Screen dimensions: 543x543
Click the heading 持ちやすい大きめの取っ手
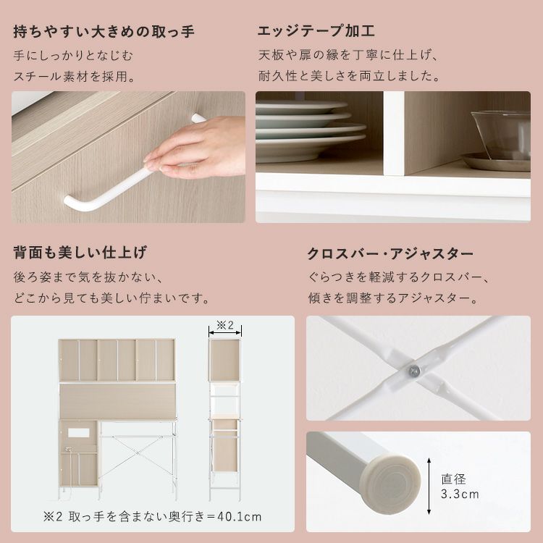(x=104, y=32)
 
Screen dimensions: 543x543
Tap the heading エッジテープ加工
(x=316, y=30)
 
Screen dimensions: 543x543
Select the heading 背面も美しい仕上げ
(x=80, y=252)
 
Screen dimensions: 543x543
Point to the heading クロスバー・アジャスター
(x=390, y=254)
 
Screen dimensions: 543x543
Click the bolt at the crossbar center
(x=414, y=371)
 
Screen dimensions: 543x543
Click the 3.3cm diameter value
(x=460, y=494)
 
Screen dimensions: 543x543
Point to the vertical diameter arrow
(x=429, y=486)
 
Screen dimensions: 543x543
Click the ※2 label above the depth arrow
(x=225, y=325)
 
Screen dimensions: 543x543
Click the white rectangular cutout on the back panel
(x=79, y=432)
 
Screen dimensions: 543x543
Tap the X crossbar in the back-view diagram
(x=138, y=452)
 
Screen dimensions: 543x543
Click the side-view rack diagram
(x=224, y=419)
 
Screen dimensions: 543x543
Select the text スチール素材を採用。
(x=75, y=76)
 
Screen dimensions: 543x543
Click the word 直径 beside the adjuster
(x=453, y=479)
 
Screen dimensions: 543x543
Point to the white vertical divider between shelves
(x=394, y=133)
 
